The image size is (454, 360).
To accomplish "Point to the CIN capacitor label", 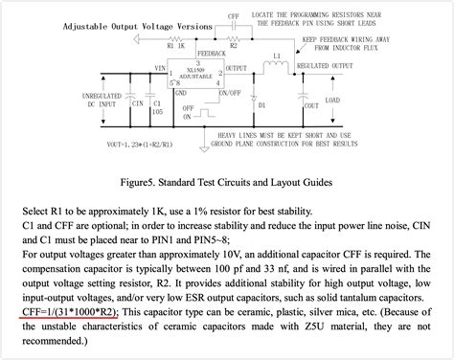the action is point(110,102).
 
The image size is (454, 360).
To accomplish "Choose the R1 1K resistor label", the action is point(175,44).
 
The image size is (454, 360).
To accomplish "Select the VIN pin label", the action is point(161,66).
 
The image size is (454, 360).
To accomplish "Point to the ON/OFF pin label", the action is point(232,93).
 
